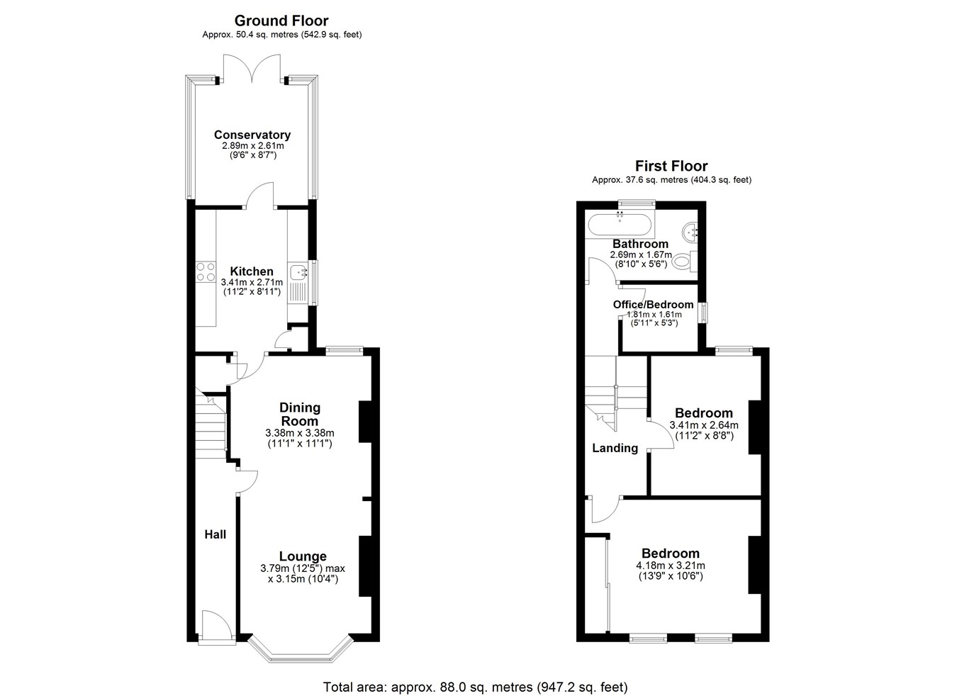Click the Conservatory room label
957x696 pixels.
coord(252,135)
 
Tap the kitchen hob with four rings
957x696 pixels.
coord(206,271)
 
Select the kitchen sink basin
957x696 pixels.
coord(298,271)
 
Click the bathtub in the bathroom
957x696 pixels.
coord(620,225)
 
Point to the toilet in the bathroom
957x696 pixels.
coord(685,261)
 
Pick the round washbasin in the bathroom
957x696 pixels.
coord(690,232)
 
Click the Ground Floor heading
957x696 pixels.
coord(281,21)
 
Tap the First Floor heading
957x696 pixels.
coord(671,165)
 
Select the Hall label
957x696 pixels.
coord(215,534)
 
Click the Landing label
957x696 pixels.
coord(615,448)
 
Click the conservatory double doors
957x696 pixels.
coord(252,67)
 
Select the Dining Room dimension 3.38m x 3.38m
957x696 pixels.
coord(299,432)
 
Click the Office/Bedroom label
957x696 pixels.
coord(653,305)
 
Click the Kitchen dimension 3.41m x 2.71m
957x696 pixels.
coord(252,282)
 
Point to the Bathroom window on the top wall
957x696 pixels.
coord(637,204)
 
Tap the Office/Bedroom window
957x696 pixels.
coord(703,313)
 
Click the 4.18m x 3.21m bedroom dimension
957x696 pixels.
coord(671,566)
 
